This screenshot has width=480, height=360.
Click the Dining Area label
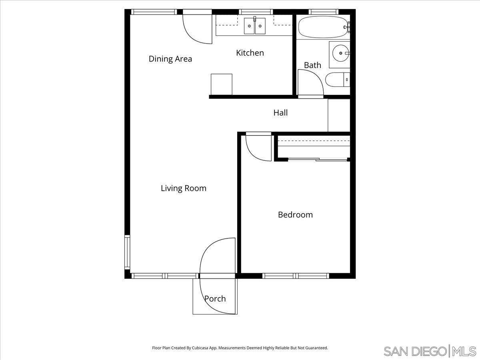[x=170, y=59]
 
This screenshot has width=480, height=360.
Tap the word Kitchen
[x=250, y=53]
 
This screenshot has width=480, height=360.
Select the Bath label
[x=312, y=65]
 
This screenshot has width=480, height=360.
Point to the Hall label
[x=280, y=113]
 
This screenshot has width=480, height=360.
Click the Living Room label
[x=184, y=188]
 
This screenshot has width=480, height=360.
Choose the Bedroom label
[x=295, y=215]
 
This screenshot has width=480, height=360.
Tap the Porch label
[x=215, y=299]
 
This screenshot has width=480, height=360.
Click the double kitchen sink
[x=255, y=26]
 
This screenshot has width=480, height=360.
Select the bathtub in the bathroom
[x=322, y=27]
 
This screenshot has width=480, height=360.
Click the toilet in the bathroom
[x=338, y=80]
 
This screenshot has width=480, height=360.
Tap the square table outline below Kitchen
[x=222, y=84]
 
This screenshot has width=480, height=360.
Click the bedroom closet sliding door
[x=318, y=160]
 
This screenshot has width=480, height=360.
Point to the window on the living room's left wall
[x=128, y=252]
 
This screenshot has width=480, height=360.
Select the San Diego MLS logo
[x=430, y=351]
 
